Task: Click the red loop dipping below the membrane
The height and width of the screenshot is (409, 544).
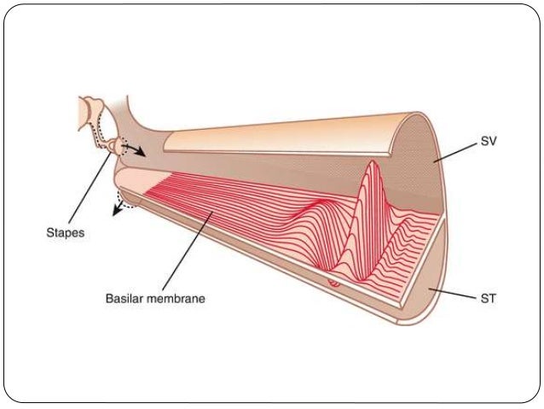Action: [334, 281]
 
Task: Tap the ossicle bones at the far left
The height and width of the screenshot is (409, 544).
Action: [90, 116]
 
